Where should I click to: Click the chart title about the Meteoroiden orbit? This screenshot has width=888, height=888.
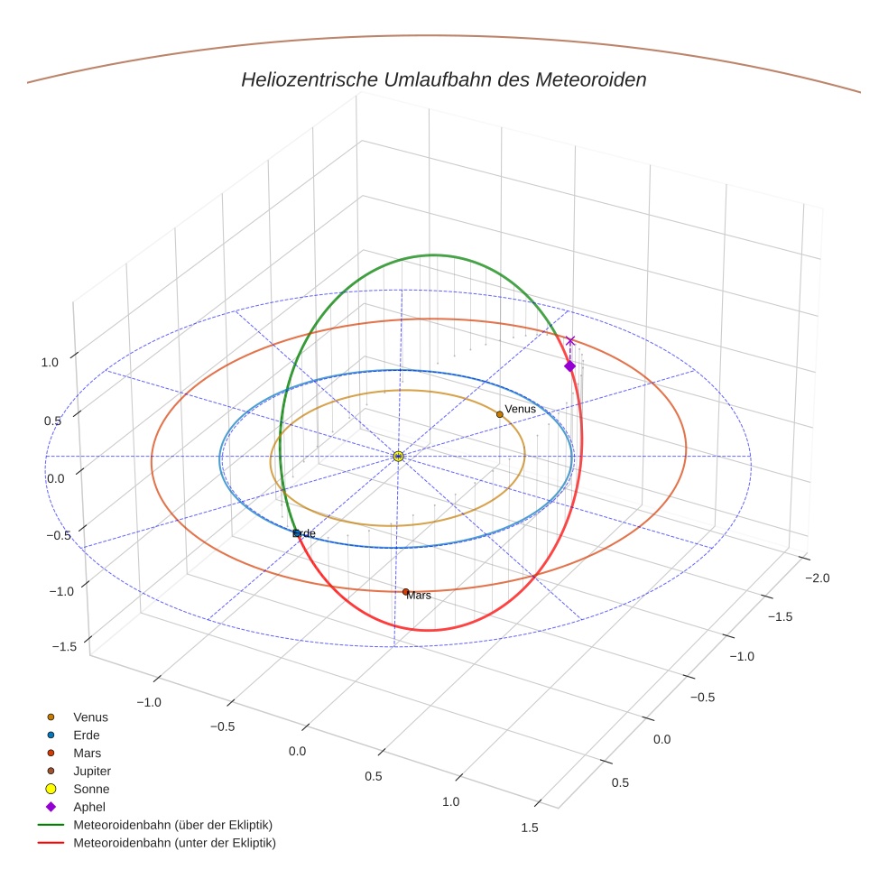tap(443, 79)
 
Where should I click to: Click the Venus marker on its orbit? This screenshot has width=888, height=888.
tap(499, 414)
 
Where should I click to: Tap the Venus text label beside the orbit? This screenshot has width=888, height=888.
tap(520, 409)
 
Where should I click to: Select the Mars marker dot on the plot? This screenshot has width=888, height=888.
tap(405, 592)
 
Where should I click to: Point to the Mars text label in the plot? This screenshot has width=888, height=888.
tap(419, 596)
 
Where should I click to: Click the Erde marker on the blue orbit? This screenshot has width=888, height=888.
tap(296, 533)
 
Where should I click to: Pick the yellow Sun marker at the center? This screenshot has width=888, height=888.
tap(398, 456)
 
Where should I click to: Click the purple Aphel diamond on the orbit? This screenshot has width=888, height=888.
tap(569, 365)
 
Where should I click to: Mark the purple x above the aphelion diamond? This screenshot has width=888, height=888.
tap(570, 340)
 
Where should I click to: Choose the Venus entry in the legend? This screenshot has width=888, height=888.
tap(90, 717)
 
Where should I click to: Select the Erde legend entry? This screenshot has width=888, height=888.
tap(86, 735)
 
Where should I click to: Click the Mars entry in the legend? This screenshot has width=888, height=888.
tap(87, 753)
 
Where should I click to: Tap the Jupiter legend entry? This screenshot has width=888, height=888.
tap(91, 771)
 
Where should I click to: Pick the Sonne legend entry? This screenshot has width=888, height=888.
tap(91, 789)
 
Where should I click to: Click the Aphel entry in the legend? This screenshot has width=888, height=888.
tap(88, 807)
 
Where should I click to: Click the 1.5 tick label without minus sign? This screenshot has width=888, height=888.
tap(530, 828)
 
